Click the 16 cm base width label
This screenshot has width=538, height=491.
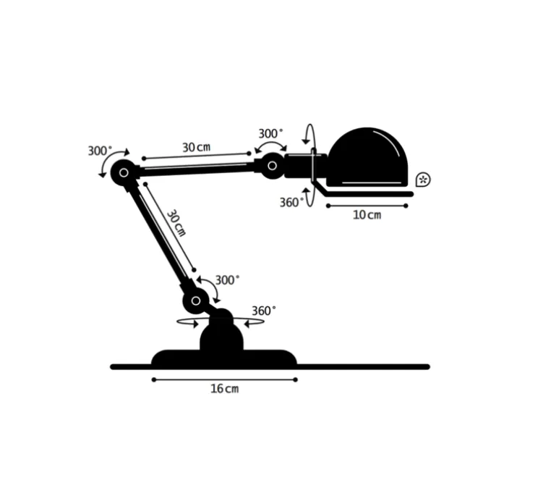224,389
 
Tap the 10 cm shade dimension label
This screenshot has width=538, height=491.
367,216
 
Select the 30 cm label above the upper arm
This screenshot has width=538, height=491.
196,148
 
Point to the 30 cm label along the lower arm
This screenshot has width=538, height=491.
176,224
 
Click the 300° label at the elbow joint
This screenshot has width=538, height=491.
101,151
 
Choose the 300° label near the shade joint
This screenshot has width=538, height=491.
271,134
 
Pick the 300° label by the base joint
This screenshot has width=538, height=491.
227,280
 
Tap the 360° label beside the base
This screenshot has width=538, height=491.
263,311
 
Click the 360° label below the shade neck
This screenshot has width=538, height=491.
291,203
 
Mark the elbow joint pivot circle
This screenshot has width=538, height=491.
124,172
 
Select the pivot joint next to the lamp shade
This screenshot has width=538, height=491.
273,166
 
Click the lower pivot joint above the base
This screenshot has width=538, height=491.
195,299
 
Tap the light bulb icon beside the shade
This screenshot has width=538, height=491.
424,179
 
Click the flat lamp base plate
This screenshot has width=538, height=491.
224,358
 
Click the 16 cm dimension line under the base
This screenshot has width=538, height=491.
224,379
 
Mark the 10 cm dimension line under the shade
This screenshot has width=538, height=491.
367,206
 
